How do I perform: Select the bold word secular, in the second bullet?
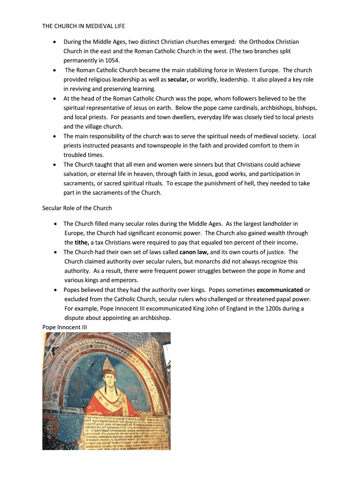[178, 80]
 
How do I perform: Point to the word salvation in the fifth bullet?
[77, 174]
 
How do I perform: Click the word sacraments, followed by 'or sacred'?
[80, 183]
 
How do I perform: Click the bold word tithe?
[82, 242]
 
